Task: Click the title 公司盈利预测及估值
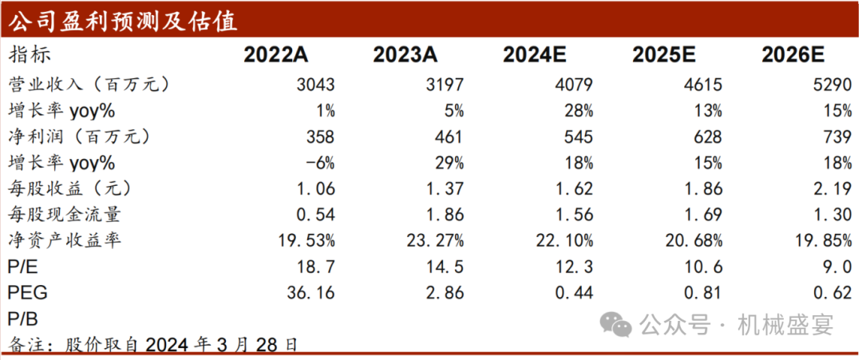coord(123,20)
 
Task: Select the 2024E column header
coord(536,55)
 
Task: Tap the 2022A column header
coord(276,55)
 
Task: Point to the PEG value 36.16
coord(310,293)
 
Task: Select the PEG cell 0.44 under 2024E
coord(572,293)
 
